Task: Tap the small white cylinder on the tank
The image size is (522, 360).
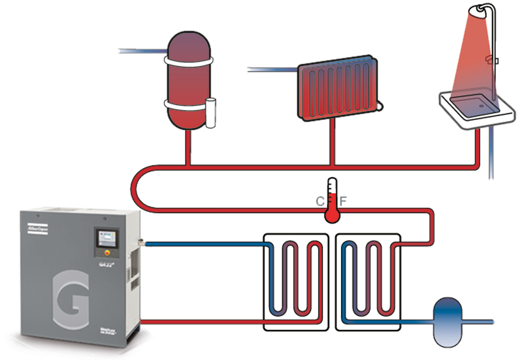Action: point(211,113)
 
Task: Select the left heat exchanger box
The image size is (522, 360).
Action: point(295,282)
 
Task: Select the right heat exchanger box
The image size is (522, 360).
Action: point(367,282)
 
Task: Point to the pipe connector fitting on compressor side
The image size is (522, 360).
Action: point(141,242)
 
